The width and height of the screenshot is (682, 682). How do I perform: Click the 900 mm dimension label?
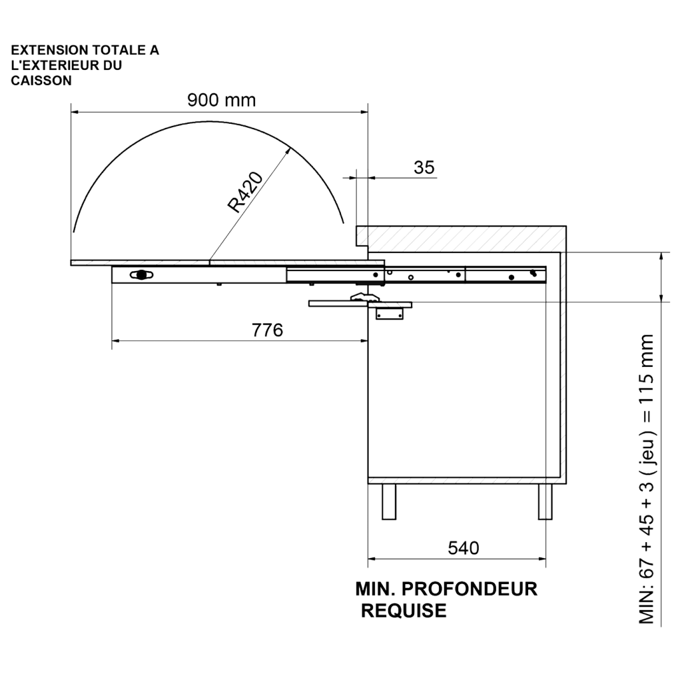coord(221,100)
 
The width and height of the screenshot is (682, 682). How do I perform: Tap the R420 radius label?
coord(245,192)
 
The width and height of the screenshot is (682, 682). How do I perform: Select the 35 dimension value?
coord(424,167)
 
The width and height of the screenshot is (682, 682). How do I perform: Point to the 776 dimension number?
coord(267,330)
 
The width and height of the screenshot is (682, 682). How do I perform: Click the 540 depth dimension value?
coord(464,548)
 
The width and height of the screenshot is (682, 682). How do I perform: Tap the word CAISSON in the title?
coord(41,81)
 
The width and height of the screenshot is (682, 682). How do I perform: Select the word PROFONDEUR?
coord(470,589)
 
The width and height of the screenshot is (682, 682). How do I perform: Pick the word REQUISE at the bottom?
coord(404,611)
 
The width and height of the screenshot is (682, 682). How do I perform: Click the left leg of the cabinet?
coord(389,502)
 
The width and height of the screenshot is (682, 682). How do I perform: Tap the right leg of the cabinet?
coord(545,502)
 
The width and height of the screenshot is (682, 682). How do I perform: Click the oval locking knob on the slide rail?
coord(141,275)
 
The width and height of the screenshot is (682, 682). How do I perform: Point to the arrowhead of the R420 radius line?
coord(289,149)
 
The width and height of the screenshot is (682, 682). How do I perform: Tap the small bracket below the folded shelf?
coord(389,314)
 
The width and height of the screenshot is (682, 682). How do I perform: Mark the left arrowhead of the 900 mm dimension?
coord(75,112)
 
